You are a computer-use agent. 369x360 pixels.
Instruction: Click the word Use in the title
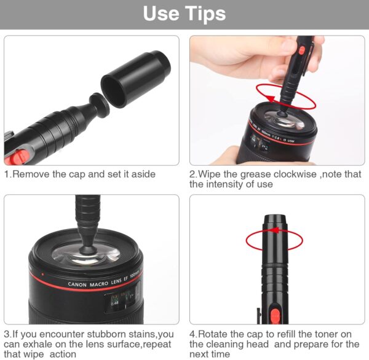[161, 14]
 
